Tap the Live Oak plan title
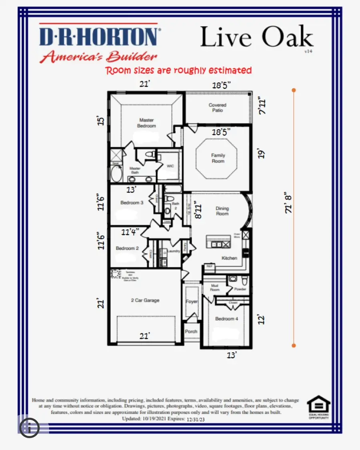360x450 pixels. pyautogui.click(x=256, y=37)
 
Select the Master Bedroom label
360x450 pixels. pyautogui.click(x=147, y=123)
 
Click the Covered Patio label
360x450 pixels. pyautogui.click(x=217, y=108)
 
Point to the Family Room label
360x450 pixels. pyautogui.click(x=218, y=158)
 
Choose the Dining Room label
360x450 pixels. pyautogui.click(x=222, y=211)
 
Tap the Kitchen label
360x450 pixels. pyautogui.click(x=229, y=258)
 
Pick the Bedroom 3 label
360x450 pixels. pyautogui.click(x=132, y=203)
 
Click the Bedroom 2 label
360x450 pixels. pyautogui.click(x=127, y=248)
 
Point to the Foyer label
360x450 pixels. pyautogui.click(x=192, y=301)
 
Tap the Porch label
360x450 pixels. pyautogui.click(x=191, y=331)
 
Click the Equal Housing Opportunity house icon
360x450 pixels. pyautogui.click(x=318, y=404)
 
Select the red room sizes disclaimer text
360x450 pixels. pyautogui.click(x=178, y=71)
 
